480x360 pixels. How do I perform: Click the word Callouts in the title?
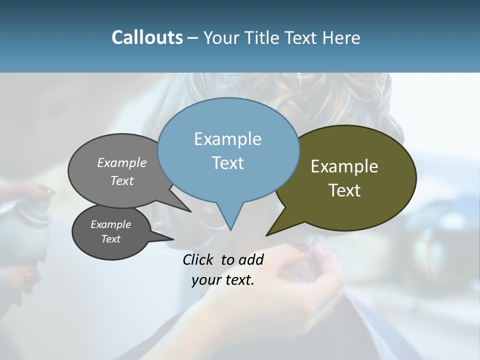tap(147, 38)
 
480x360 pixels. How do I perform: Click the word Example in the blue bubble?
tap(227, 139)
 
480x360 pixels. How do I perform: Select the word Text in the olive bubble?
tap(344, 190)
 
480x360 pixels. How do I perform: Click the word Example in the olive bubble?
tap(344, 166)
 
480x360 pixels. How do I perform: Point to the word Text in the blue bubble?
tap(227, 163)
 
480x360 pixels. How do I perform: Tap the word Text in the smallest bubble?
tap(111, 239)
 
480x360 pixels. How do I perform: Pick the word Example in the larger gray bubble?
tap(122, 163)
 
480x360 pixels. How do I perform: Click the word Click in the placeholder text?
tap(198, 259)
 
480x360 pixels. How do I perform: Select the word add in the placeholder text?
tap(251, 259)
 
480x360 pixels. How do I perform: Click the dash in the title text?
tap(193, 38)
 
